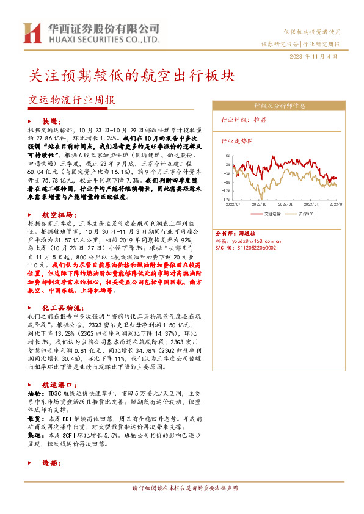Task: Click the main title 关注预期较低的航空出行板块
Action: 132,76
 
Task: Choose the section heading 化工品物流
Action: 62,308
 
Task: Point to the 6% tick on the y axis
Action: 227,156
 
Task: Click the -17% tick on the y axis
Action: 226,199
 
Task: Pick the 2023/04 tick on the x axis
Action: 313,205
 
